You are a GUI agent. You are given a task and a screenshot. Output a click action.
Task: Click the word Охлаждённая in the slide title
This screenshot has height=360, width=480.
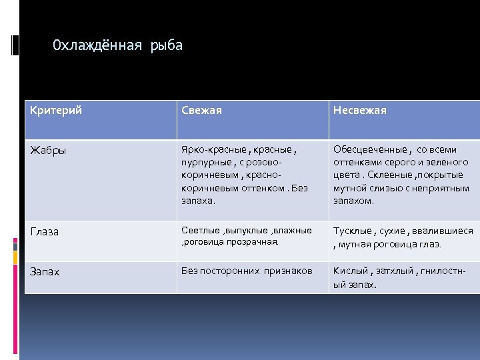97,46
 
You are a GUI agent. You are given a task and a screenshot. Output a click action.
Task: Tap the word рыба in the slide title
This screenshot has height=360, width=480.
166,46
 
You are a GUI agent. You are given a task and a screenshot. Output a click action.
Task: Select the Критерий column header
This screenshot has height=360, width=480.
56,111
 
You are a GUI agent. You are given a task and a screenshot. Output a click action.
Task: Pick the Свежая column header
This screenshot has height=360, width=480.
202,111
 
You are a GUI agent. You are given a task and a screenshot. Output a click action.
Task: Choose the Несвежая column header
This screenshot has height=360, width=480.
360,111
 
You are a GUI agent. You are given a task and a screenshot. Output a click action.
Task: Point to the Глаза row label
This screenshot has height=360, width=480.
44,232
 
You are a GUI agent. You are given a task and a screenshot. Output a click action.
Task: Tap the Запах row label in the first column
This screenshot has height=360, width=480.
45,271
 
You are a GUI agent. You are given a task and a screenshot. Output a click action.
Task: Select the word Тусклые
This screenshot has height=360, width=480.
353,231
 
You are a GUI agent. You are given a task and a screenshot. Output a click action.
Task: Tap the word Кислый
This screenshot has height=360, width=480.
351,271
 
